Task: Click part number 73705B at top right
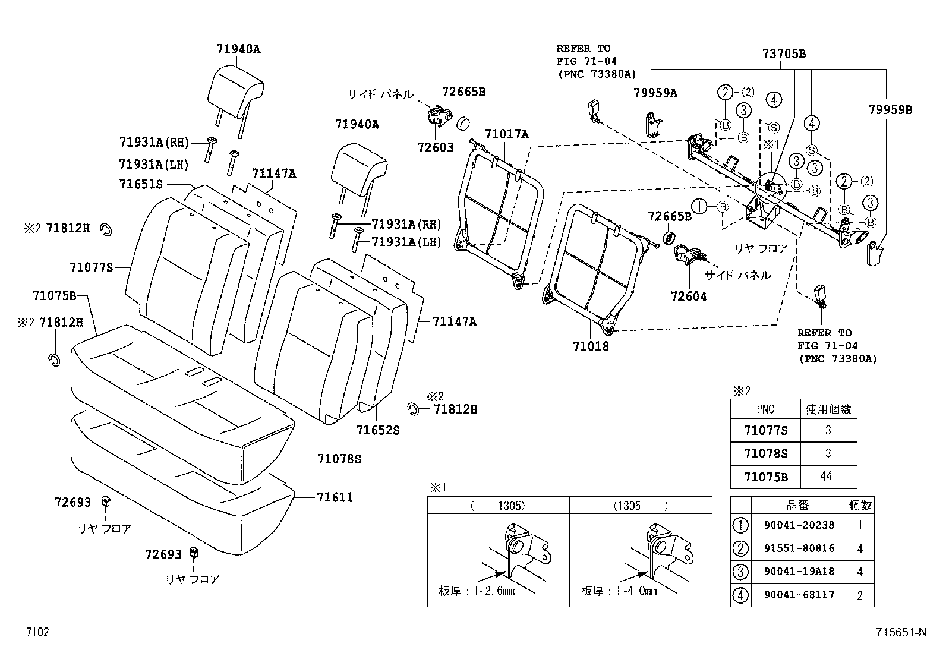point(784,54)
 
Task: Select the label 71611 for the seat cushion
point(335,497)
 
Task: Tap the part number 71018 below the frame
point(591,346)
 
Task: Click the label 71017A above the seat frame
point(506,134)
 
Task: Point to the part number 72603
point(436,147)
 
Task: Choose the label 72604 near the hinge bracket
point(689,296)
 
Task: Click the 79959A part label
point(655,93)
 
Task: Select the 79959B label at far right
point(890,110)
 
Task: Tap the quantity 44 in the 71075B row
point(828,477)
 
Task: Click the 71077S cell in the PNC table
point(765,430)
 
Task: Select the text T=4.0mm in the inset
point(636,591)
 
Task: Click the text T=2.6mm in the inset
point(494,591)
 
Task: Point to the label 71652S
point(378,429)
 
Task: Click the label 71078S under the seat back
point(339,459)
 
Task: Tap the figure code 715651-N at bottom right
point(901,632)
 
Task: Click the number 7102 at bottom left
point(37,632)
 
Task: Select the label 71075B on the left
point(55,295)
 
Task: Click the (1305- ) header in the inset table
point(641,506)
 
